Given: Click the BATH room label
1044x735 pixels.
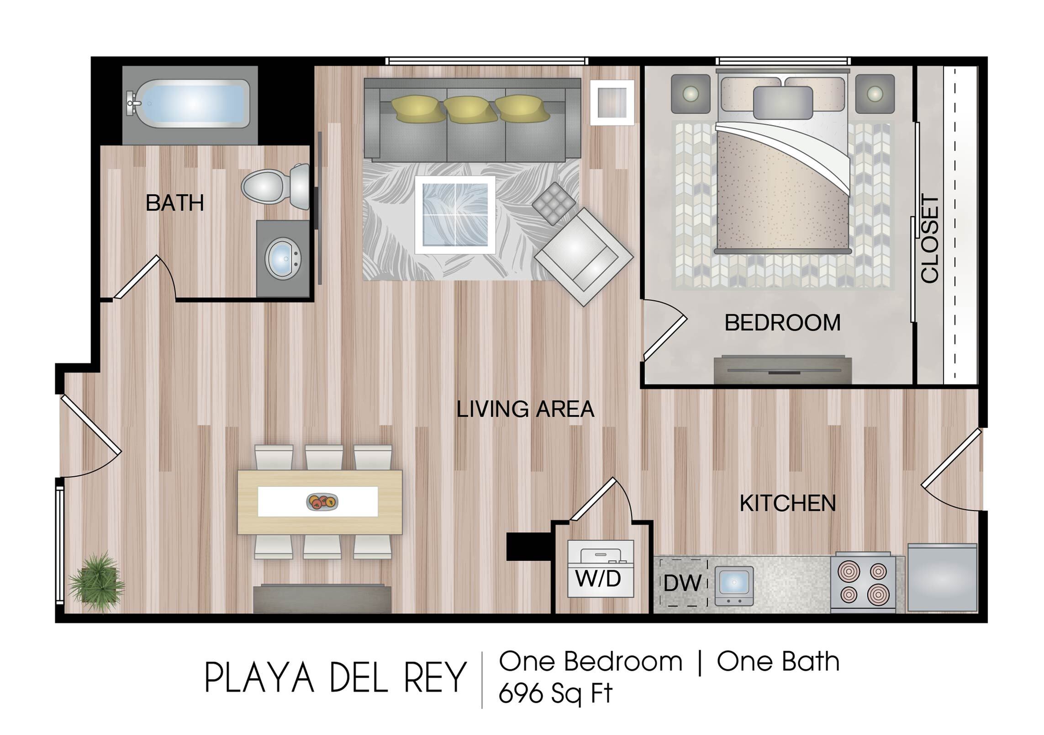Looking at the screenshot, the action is tap(174, 203).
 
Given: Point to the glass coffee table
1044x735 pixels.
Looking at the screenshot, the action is tap(455, 215).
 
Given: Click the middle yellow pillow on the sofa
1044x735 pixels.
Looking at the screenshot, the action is tap(470, 109).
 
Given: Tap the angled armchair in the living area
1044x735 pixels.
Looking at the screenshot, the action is tap(583, 256).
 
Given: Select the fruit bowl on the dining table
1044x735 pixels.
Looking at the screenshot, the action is tap(322, 501).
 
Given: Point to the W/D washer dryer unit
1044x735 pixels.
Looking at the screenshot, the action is tap(600, 569).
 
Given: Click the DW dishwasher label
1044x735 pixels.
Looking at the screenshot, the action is tap(682, 583).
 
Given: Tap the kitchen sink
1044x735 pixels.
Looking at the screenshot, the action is tap(733, 586).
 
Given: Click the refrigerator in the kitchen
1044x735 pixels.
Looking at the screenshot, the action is tap(942, 577).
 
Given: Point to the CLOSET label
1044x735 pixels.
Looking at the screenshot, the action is tap(930, 239).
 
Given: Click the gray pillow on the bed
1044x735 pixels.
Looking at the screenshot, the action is tap(783, 102).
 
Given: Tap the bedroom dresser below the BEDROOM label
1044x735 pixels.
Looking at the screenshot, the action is tap(783, 369).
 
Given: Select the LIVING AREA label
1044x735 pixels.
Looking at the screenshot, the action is tap(526, 409).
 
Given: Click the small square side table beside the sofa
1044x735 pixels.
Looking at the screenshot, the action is tap(612, 102).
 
